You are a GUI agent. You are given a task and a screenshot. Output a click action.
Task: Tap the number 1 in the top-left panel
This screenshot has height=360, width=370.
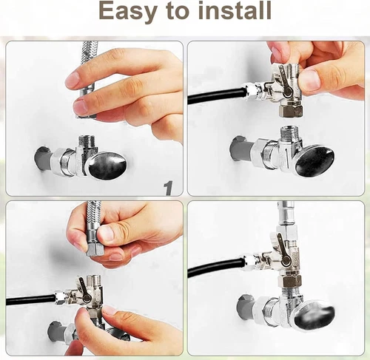click(x=169, y=189)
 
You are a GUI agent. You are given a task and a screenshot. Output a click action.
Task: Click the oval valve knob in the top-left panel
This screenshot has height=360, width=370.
click(x=107, y=165)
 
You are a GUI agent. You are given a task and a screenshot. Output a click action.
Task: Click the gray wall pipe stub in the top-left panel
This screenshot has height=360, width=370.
click(x=44, y=159)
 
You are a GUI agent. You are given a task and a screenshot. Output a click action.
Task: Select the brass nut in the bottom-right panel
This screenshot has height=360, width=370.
click(x=289, y=282)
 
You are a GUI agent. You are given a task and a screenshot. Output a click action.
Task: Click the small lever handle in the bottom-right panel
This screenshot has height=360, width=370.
click(x=283, y=248)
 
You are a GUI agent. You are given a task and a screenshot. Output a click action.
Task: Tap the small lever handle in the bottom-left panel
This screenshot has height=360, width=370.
click(x=84, y=290)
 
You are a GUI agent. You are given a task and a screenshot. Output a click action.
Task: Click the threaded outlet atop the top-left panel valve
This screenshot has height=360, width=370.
click(x=86, y=142)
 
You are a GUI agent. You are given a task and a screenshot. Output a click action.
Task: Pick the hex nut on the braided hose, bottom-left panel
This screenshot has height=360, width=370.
click(x=94, y=251)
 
